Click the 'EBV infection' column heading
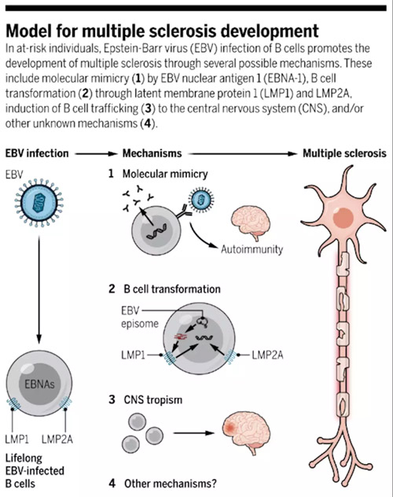point(37,153)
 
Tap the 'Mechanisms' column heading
point(152,153)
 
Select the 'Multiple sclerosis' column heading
point(344,153)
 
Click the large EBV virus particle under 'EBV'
point(39,203)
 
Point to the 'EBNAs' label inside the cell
point(39,385)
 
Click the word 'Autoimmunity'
point(252,249)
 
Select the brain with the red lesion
point(247,433)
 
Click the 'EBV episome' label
point(140,317)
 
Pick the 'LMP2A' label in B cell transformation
point(267,355)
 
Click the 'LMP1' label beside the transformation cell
point(133,355)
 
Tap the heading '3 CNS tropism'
point(145,399)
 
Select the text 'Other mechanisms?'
point(171,484)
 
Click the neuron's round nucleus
point(343,218)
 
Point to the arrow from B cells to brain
point(193,433)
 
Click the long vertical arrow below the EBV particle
point(39,290)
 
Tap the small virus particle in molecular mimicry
point(201,200)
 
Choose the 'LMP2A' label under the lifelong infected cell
point(57,440)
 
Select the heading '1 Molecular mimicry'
point(158,174)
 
